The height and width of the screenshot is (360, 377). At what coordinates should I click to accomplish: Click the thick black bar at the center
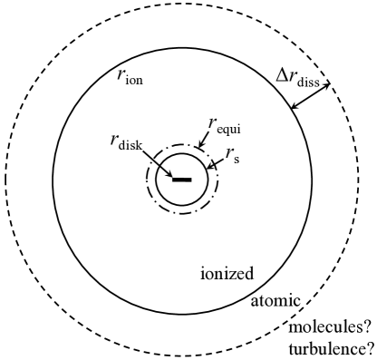(x=181, y=179)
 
